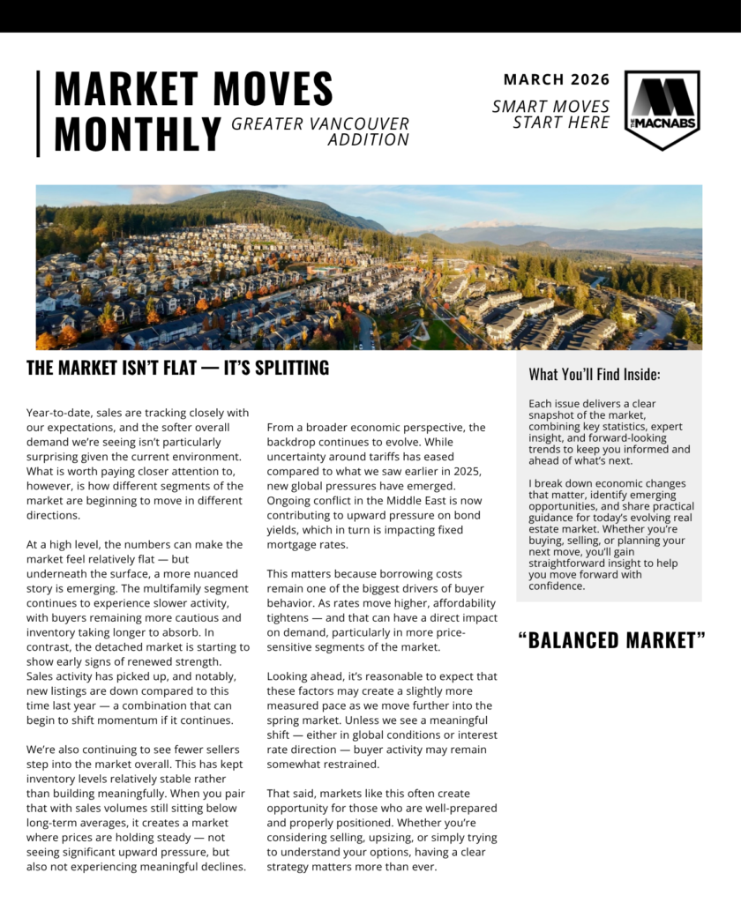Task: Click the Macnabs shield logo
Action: [662, 108]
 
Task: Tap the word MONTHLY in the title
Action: [137, 133]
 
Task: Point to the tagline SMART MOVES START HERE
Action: [551, 115]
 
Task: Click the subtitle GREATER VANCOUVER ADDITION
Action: [321, 131]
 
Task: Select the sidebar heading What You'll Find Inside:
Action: [595, 374]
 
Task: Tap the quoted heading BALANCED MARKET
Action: [611, 640]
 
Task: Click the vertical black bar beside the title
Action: [38, 114]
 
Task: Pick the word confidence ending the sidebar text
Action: [557, 586]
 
